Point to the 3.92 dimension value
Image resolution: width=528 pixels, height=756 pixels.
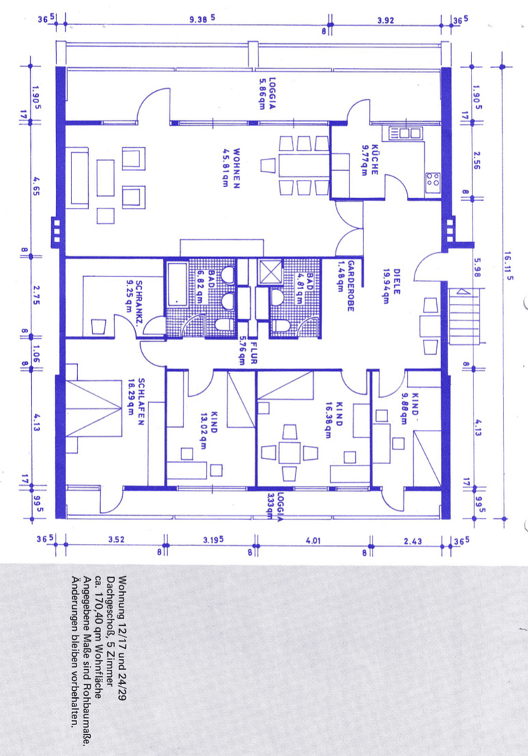(385, 20)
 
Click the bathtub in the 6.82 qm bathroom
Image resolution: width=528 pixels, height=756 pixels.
(178, 283)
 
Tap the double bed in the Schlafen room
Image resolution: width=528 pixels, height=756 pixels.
(94, 409)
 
